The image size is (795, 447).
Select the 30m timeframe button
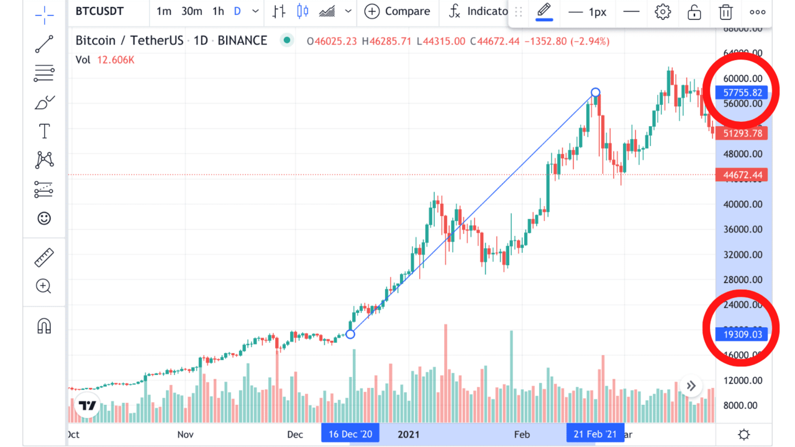point(191,11)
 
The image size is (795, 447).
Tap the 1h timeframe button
point(218,11)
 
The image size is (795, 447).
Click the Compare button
point(397,11)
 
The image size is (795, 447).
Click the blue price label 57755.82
point(742,93)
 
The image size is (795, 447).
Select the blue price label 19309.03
point(742,334)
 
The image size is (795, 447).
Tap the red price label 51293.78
point(742,133)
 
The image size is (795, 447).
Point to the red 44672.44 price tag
point(742,175)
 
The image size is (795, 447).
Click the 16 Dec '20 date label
point(350,434)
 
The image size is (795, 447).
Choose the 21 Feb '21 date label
point(595,434)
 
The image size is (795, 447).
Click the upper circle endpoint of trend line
point(596,93)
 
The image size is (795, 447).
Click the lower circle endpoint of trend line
point(350,334)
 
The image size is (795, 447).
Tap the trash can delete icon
point(725,12)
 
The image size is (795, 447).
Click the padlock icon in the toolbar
point(694,12)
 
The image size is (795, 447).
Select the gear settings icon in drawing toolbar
point(663,12)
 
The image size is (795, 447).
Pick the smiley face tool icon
point(44,218)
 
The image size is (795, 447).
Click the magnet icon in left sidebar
point(44,325)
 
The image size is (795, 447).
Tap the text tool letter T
point(44,131)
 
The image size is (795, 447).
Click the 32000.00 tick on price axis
point(742,255)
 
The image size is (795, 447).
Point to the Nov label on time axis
point(185,434)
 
